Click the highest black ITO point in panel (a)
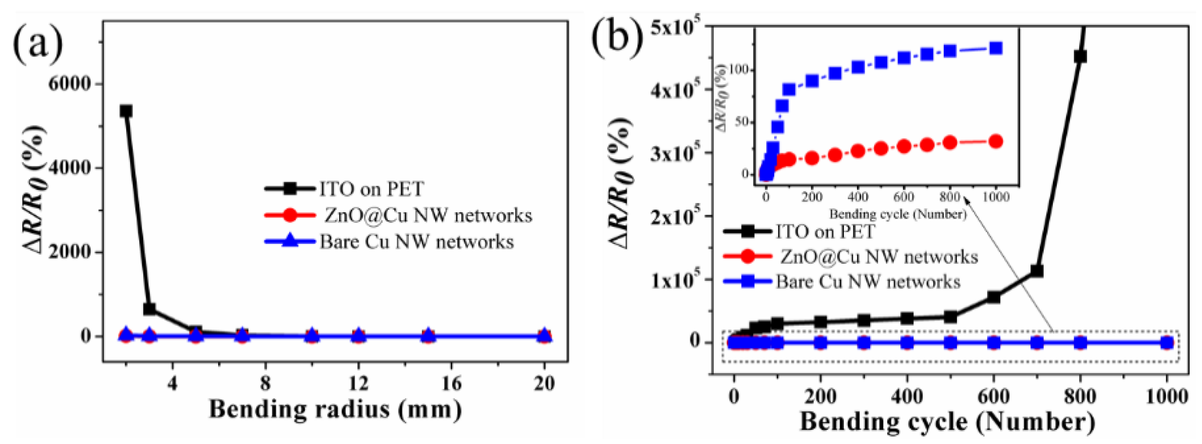point(126,111)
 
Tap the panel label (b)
point(617,37)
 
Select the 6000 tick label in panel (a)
point(70,84)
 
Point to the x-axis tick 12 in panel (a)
point(358,384)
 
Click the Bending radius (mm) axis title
point(335,409)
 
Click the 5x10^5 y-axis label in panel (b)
point(675,27)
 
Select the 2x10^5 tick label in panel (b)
point(675,216)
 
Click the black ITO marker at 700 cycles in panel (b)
point(1036,271)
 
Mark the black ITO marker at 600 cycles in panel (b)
point(993,297)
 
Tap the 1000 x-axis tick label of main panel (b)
point(1166,397)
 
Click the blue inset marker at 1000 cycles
point(996,48)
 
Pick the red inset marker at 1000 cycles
point(996,142)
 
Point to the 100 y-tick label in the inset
point(739,70)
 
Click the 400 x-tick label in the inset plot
point(858,197)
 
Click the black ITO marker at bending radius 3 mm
point(149,309)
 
